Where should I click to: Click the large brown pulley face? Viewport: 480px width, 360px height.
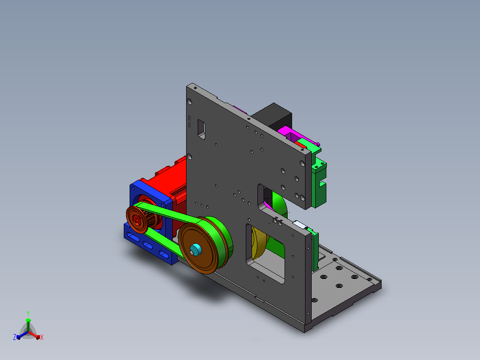[x=199, y=248]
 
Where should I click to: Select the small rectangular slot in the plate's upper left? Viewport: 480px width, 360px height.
[x=201, y=129]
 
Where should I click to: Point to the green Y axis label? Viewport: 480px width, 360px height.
[x=28, y=313]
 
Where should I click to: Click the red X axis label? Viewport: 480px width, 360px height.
[x=42, y=337]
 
